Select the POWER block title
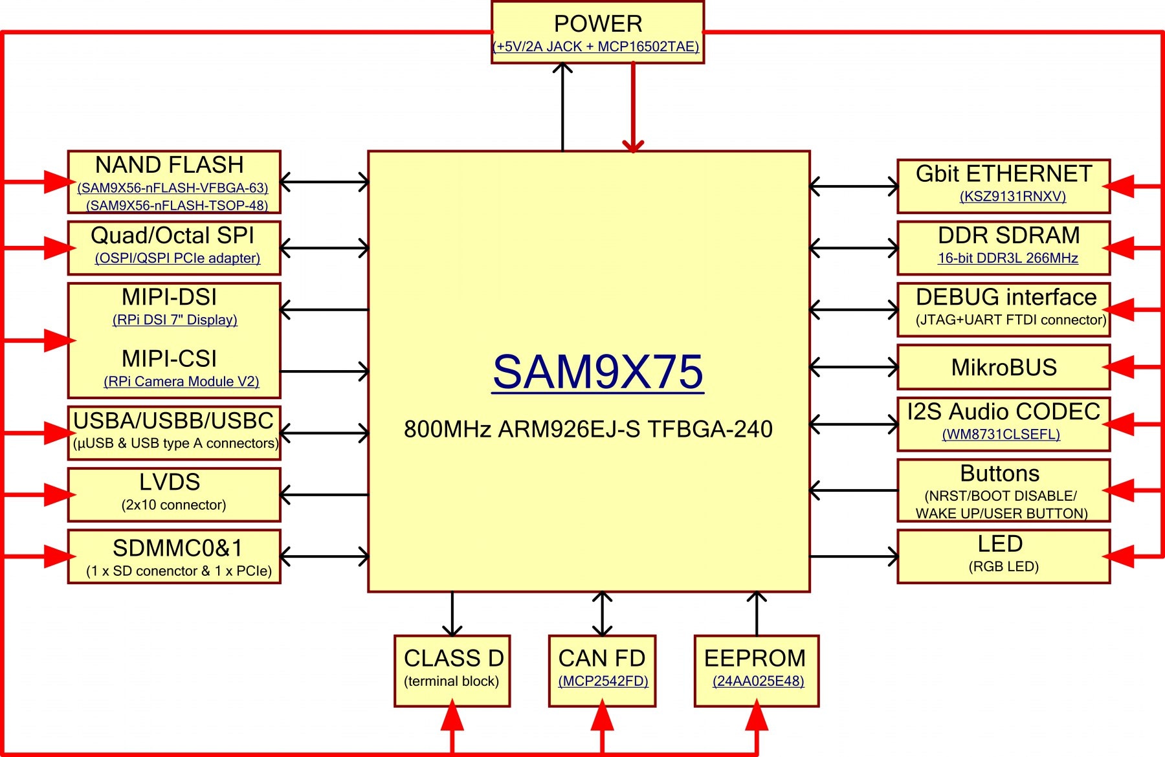[597, 24]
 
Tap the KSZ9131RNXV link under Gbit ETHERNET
[1012, 196]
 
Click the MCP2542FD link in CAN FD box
[603, 681]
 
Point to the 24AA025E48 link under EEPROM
[758, 681]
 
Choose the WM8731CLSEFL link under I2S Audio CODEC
[1001, 434]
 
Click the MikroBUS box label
[1004, 368]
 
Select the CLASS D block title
[453, 658]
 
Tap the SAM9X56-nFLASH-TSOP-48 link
[177, 205]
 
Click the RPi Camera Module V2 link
[181, 381]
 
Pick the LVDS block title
[170, 482]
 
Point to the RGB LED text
[1003, 567]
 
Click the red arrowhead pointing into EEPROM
[757, 717]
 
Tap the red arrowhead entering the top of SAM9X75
[633, 144]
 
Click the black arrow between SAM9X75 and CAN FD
[603, 613]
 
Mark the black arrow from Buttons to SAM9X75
[853, 490]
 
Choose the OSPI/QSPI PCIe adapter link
[177, 258]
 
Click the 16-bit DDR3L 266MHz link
[1008, 258]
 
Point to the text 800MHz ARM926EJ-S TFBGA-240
[588, 429]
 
